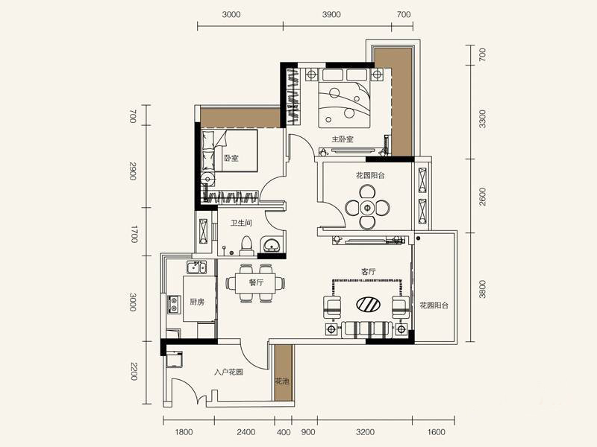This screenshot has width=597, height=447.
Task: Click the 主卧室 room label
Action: [x=343, y=139]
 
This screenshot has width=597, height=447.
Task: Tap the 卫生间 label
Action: [x=240, y=223]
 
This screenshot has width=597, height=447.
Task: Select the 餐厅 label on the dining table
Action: [x=256, y=282]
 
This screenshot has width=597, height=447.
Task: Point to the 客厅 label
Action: [x=368, y=271]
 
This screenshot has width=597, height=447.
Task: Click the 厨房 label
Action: [x=197, y=302]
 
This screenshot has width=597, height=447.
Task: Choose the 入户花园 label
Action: [x=228, y=372]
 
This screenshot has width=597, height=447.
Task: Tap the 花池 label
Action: [x=282, y=381]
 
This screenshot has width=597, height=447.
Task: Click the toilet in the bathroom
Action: [x=247, y=246]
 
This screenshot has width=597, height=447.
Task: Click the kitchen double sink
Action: [x=196, y=267]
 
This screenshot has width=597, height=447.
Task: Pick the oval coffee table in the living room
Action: [x=368, y=304]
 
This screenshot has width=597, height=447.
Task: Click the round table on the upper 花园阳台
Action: [x=367, y=208]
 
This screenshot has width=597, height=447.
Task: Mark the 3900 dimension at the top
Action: [x=331, y=14]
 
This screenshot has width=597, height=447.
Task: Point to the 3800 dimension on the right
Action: [x=482, y=289]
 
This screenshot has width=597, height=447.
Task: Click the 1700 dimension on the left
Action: [x=134, y=234]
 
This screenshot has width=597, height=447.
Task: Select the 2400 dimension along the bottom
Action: [x=246, y=432]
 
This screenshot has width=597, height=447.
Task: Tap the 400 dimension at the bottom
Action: [x=284, y=432]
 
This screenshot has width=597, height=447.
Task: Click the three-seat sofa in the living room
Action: [x=366, y=329]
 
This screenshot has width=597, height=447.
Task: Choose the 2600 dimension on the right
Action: [x=482, y=197]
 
